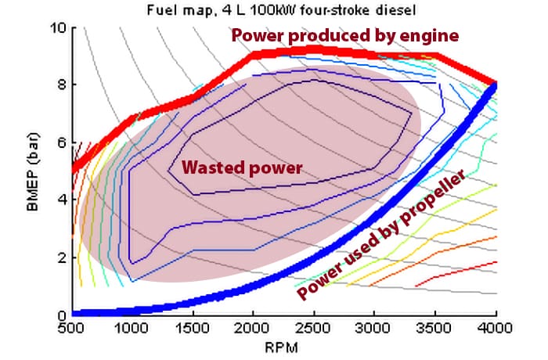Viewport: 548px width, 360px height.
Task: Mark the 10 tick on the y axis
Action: (x=58, y=27)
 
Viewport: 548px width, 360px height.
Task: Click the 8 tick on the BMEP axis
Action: (x=61, y=85)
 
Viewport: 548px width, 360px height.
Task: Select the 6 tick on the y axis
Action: (x=61, y=142)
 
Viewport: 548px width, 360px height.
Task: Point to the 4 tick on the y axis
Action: (x=61, y=200)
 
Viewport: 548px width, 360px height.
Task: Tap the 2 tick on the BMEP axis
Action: (x=61, y=257)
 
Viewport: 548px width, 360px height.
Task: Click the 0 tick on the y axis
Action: (x=61, y=315)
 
